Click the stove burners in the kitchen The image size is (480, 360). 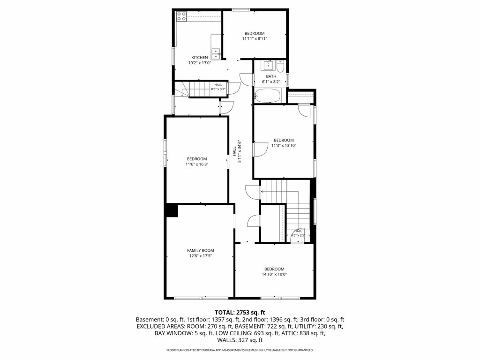(x=181, y=16)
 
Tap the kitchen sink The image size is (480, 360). (x=216, y=54)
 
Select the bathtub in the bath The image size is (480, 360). (x=268, y=96)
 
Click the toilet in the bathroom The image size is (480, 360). (x=280, y=67)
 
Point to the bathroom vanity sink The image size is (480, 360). (x=269, y=65)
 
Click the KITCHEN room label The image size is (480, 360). (x=200, y=58)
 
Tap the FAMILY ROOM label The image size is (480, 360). (x=201, y=250)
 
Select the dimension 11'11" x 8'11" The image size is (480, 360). (x=255, y=38)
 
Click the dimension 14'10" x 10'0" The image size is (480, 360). (x=274, y=274)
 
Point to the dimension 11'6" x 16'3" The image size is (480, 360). (x=197, y=164)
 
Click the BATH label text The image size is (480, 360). (x=271, y=76)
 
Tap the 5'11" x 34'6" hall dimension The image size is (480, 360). (x=240, y=151)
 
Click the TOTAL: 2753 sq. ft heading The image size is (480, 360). (x=240, y=313)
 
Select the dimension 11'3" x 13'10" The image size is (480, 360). (x=284, y=145)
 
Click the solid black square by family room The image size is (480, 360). (x=172, y=210)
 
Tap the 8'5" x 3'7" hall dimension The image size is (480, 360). (x=218, y=89)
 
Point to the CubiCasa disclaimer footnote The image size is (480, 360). (x=240, y=350)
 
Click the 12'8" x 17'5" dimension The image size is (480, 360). (x=201, y=255)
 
